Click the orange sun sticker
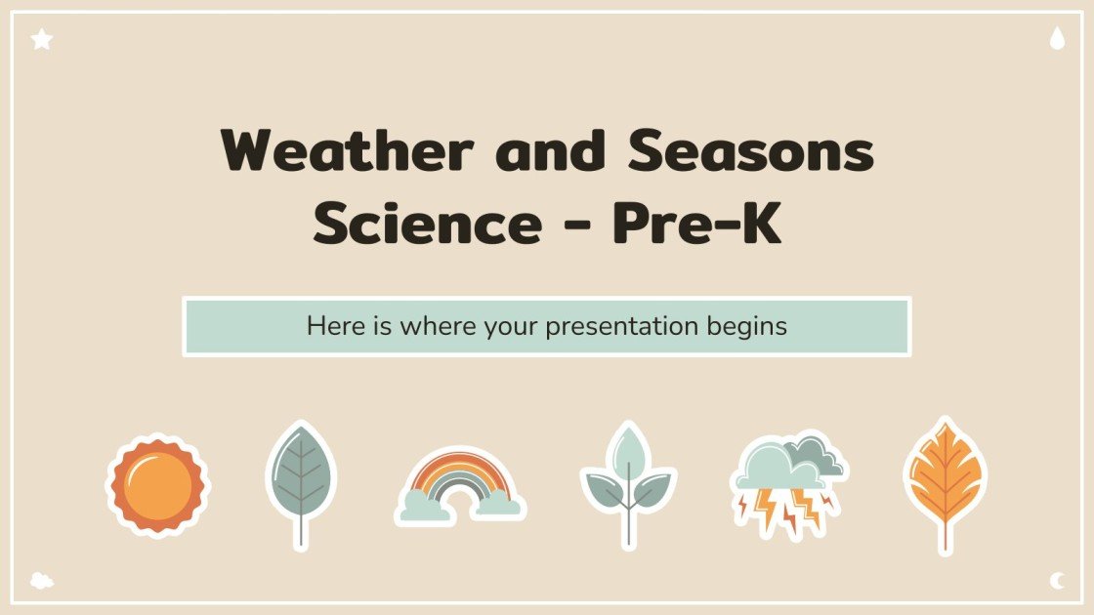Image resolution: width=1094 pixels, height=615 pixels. click(157, 485)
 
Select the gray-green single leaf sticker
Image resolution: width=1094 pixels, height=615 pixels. click(301, 473)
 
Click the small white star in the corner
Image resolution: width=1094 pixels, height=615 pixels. click(41, 40)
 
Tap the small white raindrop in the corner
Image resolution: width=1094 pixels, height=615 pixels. click(1056, 39)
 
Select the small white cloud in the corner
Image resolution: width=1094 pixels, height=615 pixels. click(41, 580)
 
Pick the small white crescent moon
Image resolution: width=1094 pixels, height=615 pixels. click(1056, 581)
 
